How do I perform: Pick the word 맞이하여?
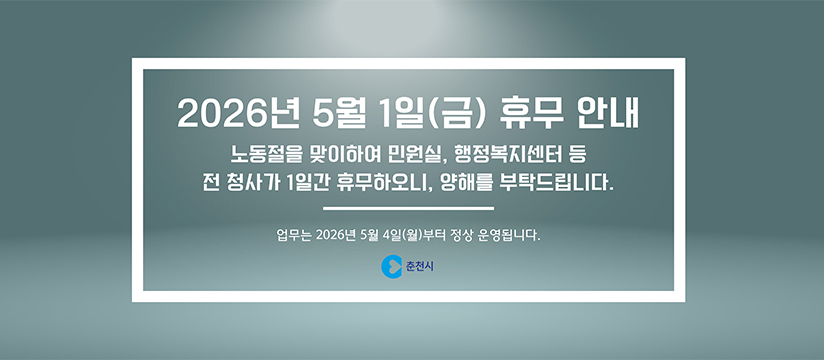click(x=341, y=156)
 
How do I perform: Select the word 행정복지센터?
click(x=510, y=156)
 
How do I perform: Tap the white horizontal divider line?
click(x=410, y=208)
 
